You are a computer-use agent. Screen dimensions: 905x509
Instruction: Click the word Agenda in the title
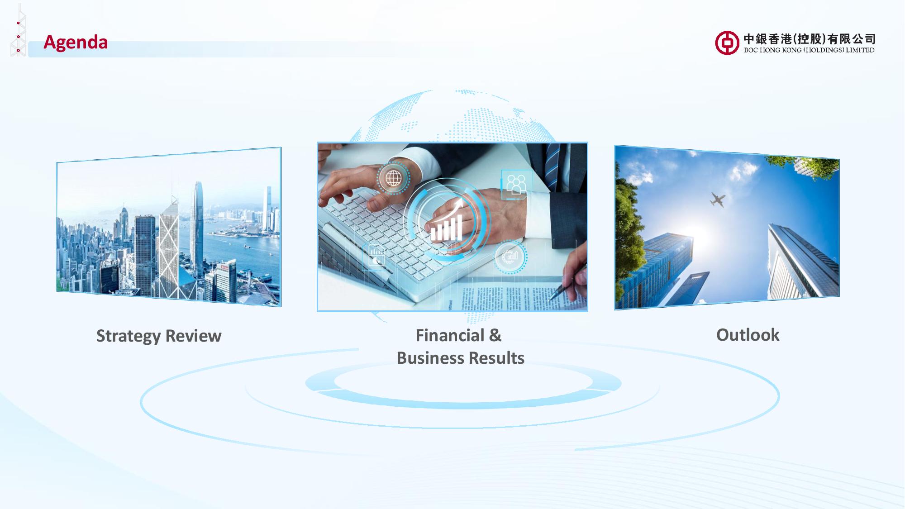76,43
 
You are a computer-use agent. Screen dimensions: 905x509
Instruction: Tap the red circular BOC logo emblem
727,43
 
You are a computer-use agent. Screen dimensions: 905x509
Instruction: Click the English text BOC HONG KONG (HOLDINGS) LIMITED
809,50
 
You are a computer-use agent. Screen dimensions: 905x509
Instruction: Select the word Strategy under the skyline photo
129,336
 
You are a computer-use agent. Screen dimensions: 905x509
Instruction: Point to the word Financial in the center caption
450,335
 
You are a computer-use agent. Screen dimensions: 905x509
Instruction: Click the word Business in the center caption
429,358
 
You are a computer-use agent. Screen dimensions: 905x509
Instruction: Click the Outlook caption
748,335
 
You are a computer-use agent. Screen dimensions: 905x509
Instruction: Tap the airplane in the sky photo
718,200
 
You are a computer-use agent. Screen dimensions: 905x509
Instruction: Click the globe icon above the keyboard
393,178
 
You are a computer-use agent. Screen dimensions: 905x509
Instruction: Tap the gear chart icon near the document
510,257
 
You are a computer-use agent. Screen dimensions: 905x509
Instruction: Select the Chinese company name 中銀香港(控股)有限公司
810,39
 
